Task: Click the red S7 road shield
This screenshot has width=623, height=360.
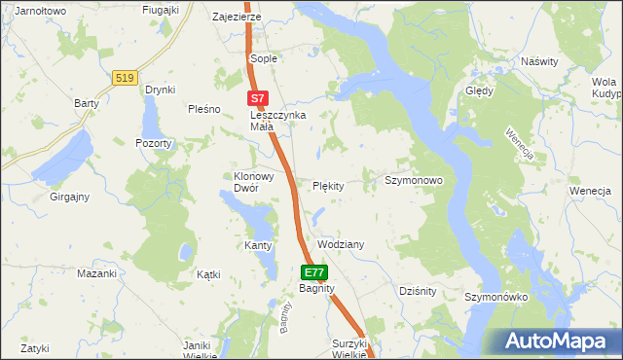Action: coord(257,98)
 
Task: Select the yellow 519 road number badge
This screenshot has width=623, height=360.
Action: coord(124,78)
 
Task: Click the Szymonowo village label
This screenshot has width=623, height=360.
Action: coord(414,181)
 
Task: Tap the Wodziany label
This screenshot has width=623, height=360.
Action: coord(341,244)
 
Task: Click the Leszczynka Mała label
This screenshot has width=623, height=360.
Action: coord(278,120)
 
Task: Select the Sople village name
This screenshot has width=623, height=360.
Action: coord(264,58)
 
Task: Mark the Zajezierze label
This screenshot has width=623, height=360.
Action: coord(237,18)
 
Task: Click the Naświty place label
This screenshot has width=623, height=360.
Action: coord(539,61)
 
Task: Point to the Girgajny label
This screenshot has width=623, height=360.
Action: coord(70,197)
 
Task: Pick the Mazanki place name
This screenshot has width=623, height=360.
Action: coord(96,273)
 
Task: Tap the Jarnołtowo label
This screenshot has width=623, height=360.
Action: coord(34,11)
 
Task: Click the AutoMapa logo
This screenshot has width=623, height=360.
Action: coord(556,341)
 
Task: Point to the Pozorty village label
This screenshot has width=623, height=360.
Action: coord(154,143)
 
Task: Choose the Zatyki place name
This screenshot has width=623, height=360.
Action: coord(34,347)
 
